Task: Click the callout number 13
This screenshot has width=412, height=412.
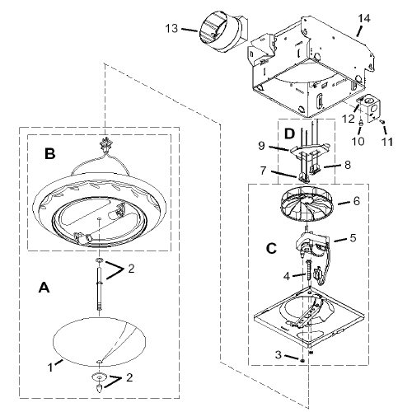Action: click(x=171, y=28)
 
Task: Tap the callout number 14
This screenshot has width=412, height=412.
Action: click(x=364, y=19)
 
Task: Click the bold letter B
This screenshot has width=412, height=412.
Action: click(x=50, y=154)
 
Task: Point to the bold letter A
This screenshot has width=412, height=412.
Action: click(x=44, y=288)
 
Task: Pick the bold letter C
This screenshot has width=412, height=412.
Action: click(x=271, y=249)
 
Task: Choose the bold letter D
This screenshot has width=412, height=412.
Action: click(x=289, y=133)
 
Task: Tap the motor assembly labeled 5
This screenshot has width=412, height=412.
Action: click(x=313, y=243)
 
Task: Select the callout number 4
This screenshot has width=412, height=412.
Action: click(x=287, y=276)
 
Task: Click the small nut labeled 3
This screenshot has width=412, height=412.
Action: click(x=302, y=360)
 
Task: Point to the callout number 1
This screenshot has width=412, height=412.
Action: click(x=50, y=368)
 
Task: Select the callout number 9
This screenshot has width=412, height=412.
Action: click(x=261, y=146)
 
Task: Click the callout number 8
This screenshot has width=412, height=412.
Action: click(x=348, y=165)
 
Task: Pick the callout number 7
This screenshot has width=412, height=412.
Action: click(x=263, y=171)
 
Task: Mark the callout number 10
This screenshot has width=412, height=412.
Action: click(x=358, y=141)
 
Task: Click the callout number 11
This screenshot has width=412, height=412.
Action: click(x=386, y=142)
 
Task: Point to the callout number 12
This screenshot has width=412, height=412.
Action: click(x=349, y=119)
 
